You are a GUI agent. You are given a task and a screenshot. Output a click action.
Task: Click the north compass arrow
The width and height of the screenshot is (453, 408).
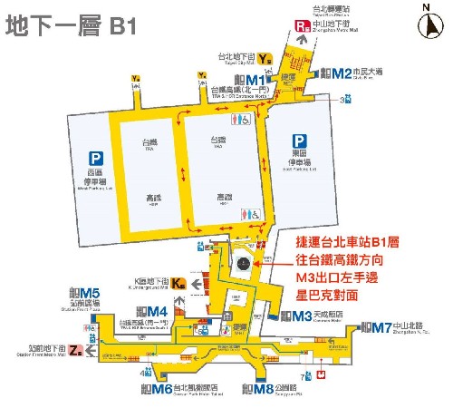[426, 22]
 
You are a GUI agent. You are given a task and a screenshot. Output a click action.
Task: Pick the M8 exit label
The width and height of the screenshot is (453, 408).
[258, 390]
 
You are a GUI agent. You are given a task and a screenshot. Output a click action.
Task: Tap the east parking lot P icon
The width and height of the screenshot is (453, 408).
[298, 141]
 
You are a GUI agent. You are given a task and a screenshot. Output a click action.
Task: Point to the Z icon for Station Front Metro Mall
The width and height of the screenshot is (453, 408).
[76, 350]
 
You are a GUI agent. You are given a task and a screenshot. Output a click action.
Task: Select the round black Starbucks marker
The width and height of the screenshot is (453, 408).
[242, 263]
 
